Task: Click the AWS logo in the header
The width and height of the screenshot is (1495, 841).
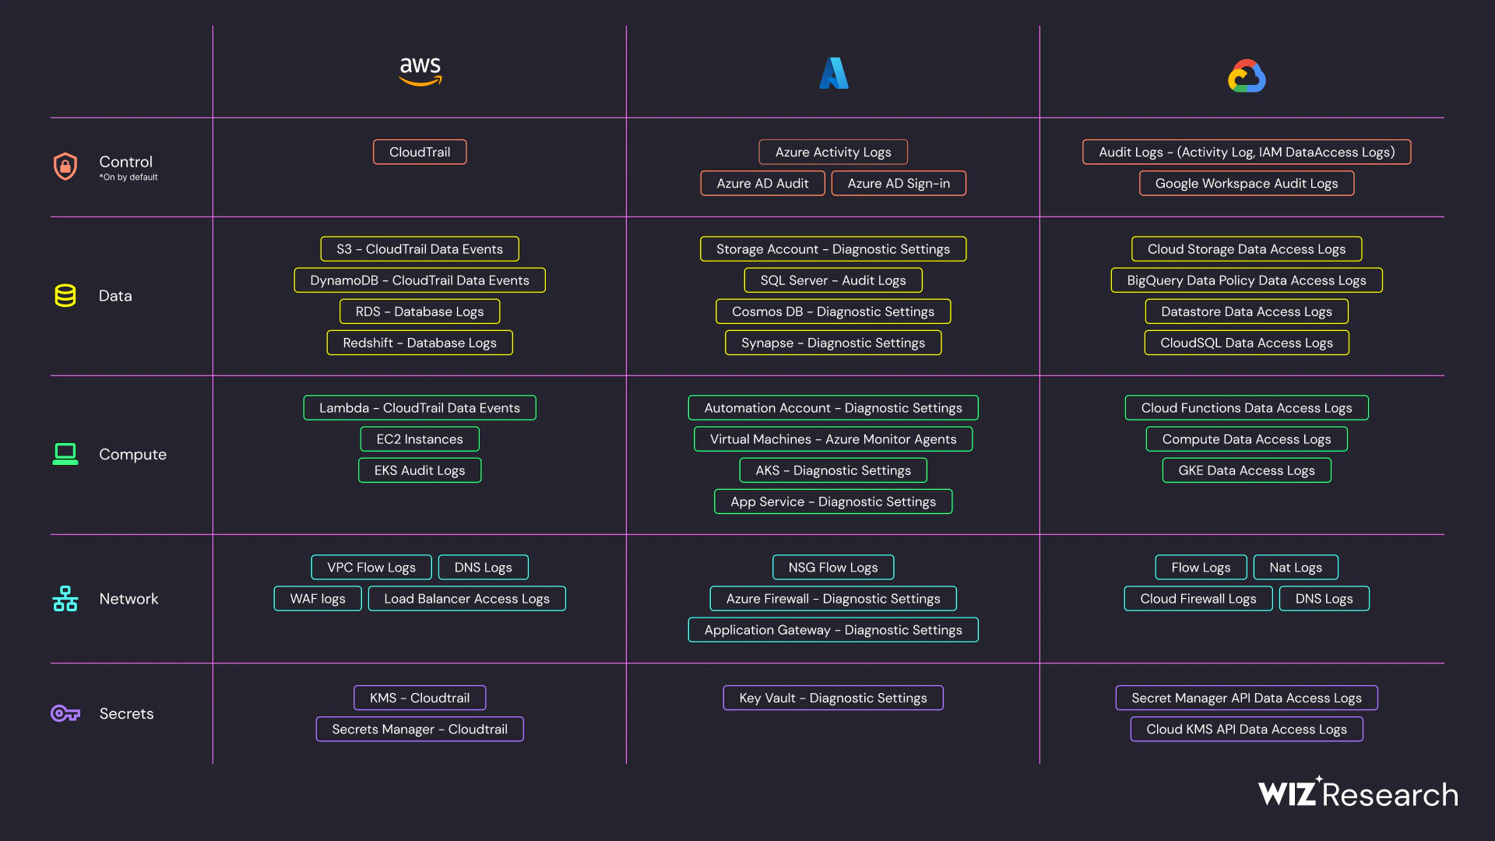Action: coord(420,71)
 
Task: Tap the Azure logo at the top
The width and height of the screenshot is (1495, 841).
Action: coord(834,73)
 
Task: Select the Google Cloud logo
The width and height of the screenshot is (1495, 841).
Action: coord(1247,76)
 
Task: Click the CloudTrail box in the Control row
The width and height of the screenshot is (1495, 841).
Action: coord(420,152)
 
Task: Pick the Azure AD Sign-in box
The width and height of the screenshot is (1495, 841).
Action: coord(899,183)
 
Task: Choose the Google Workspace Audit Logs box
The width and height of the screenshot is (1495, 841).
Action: coord(1247,183)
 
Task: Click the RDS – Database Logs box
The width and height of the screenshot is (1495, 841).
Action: coord(420,311)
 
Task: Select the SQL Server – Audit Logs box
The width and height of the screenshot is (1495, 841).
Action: coord(833,280)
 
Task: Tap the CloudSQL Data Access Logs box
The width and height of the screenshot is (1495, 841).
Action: coord(1247,343)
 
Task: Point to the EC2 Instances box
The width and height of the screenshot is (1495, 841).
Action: coord(420,439)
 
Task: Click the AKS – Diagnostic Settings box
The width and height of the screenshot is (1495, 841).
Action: coord(833,470)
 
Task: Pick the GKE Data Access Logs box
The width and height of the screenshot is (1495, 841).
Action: coord(1247,470)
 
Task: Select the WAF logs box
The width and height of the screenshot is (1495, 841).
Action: coord(318,599)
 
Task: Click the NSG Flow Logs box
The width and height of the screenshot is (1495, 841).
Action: coord(833,568)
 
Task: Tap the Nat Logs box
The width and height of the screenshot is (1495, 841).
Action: coord(1296,568)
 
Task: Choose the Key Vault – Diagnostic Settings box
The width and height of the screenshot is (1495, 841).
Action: coord(833,698)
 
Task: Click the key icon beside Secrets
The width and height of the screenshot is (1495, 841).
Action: coord(65,713)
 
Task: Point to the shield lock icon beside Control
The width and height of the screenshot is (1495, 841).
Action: coord(65,166)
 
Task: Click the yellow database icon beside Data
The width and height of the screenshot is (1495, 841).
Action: coord(65,296)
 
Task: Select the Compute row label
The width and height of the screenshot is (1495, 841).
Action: coord(132,454)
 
